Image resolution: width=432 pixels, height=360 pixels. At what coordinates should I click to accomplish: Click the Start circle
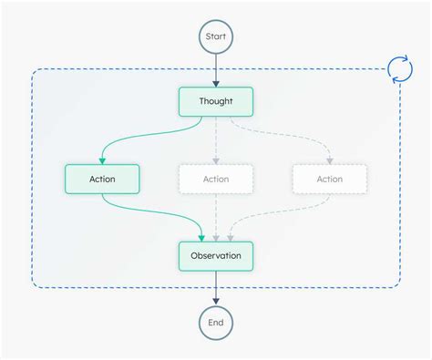216,37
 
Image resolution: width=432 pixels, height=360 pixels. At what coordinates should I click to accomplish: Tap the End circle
216,323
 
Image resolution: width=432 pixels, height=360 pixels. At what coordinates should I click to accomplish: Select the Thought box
216,102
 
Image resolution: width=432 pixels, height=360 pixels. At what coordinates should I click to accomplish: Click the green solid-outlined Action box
102,179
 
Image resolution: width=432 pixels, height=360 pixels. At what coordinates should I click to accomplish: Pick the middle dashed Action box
216,179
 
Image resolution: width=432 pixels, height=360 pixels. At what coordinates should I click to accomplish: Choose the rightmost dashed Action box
330,179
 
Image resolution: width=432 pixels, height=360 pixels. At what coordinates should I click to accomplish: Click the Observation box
216,256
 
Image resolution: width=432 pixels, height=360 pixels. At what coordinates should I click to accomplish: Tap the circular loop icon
400,69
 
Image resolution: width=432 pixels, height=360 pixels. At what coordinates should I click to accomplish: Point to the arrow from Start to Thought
216,69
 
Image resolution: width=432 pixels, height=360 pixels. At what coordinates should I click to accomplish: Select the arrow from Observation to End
216,287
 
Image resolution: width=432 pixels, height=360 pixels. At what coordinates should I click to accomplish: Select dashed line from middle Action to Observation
216,214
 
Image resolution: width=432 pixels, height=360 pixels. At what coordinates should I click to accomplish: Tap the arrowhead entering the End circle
216,301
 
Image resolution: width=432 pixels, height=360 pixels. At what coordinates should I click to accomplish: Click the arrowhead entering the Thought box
216,83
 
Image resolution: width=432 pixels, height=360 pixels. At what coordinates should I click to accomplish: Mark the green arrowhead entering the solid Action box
102,159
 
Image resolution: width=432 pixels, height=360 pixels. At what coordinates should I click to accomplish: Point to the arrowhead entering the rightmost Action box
330,159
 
